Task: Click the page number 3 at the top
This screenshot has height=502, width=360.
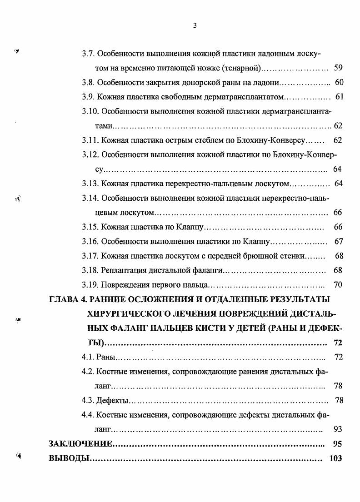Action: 195,25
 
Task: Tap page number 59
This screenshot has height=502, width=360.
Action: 338,68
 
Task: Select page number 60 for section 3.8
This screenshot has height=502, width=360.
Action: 339,83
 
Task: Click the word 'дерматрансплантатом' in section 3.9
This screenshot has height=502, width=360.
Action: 247,97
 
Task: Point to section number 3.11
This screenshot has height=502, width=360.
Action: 90,140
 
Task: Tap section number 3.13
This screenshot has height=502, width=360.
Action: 90,184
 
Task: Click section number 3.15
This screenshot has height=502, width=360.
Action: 90,227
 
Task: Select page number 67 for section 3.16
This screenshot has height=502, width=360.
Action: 338,241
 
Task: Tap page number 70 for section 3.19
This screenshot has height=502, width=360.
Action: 338,285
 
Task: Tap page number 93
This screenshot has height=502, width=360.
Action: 337,429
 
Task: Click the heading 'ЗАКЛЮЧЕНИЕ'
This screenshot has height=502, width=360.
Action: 80,443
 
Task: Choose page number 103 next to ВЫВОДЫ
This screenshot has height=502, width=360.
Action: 335,458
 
